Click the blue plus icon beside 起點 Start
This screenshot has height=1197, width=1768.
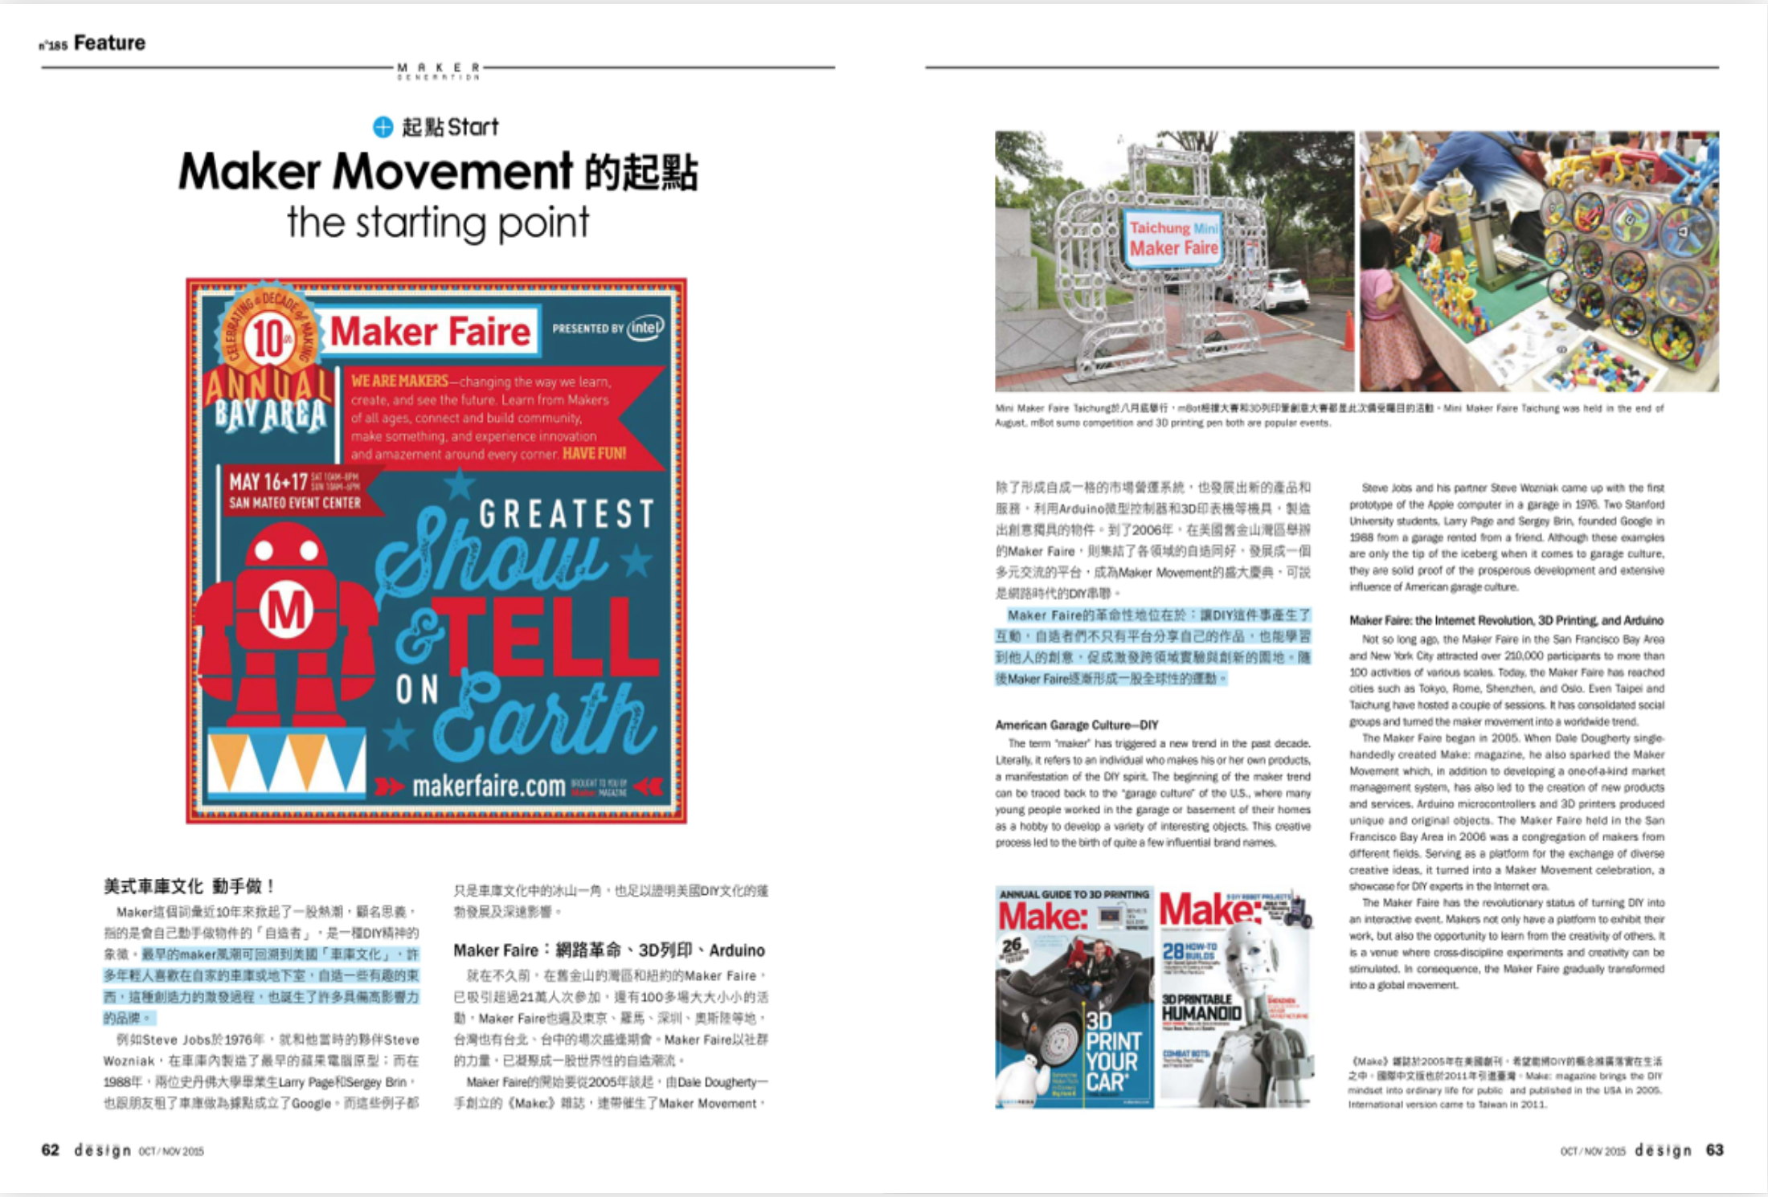pyautogui.click(x=383, y=127)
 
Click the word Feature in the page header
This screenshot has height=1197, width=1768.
pyautogui.click(x=109, y=43)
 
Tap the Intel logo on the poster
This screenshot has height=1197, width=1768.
pyautogui.click(x=645, y=328)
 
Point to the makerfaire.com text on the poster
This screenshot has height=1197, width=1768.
pyautogui.click(x=489, y=786)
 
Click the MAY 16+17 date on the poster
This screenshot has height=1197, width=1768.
pyautogui.click(x=268, y=482)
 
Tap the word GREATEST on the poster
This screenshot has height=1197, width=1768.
pyautogui.click(x=567, y=514)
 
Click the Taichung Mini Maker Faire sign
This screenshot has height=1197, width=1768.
pyautogui.click(x=1173, y=238)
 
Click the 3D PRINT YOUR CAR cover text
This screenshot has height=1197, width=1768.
pyautogui.click(x=1112, y=1052)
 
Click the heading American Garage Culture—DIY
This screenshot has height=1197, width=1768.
pyautogui.click(x=1077, y=725)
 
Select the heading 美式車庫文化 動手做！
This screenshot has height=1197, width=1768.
pyautogui.click(x=189, y=886)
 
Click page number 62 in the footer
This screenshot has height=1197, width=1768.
pyautogui.click(x=51, y=1150)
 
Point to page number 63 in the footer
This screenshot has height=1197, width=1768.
pyautogui.click(x=1714, y=1150)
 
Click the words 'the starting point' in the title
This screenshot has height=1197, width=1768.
pyautogui.click(x=438, y=223)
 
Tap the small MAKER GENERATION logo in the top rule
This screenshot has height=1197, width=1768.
pyautogui.click(x=438, y=71)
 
